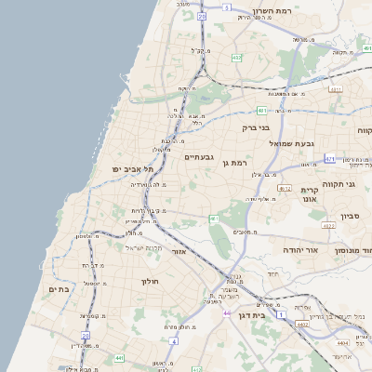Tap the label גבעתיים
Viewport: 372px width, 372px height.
click(199, 157)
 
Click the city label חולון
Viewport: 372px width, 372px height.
click(150, 281)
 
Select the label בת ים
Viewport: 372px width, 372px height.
click(60, 289)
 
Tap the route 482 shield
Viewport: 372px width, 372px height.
click(237, 58)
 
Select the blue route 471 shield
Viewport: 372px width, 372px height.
click(330, 160)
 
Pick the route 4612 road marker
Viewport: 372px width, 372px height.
click(285, 189)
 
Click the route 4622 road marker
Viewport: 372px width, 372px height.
click(327, 225)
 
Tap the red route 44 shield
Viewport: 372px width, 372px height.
click(226, 313)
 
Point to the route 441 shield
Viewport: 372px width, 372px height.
click(119, 357)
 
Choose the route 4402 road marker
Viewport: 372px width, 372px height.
click(301, 325)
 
